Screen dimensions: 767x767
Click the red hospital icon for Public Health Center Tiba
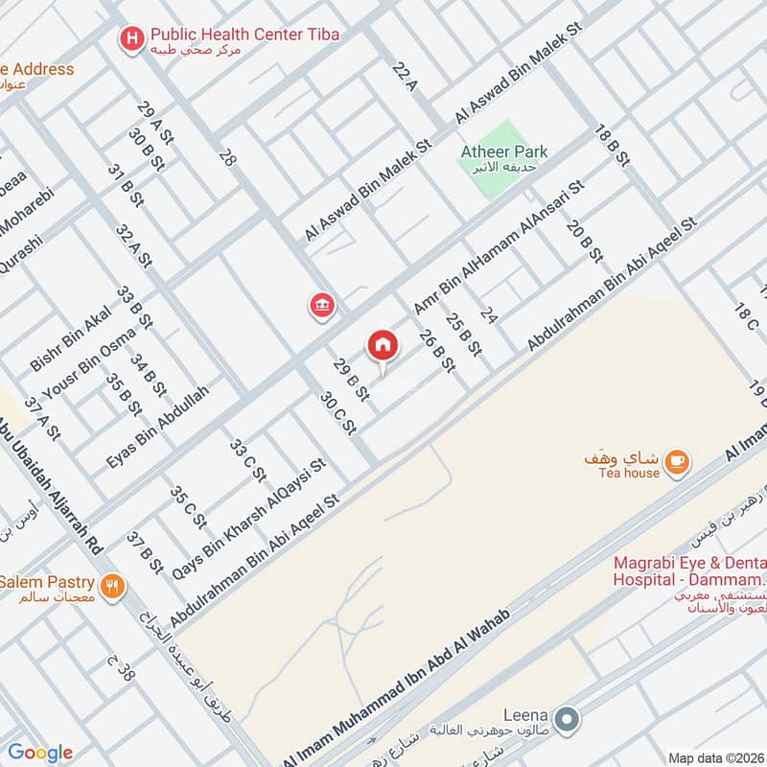pyautogui.click(x=129, y=37)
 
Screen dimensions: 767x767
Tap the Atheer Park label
pyautogui.click(x=504, y=151)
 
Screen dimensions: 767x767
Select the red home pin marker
pyautogui.click(x=382, y=345)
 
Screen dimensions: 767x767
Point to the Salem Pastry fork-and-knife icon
pyautogui.click(x=113, y=585)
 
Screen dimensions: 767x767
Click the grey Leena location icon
pyautogui.click(x=568, y=717)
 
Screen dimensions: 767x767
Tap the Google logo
pyautogui.click(x=40, y=753)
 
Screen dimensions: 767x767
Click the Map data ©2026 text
pyautogui.click(x=714, y=757)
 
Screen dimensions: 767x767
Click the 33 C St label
pyautogui.click(x=246, y=458)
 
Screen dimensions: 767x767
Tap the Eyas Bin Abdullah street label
pyautogui.click(x=158, y=428)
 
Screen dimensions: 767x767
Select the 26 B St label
pyautogui.click(x=436, y=351)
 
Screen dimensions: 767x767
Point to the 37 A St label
pyautogui.click(x=42, y=418)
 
